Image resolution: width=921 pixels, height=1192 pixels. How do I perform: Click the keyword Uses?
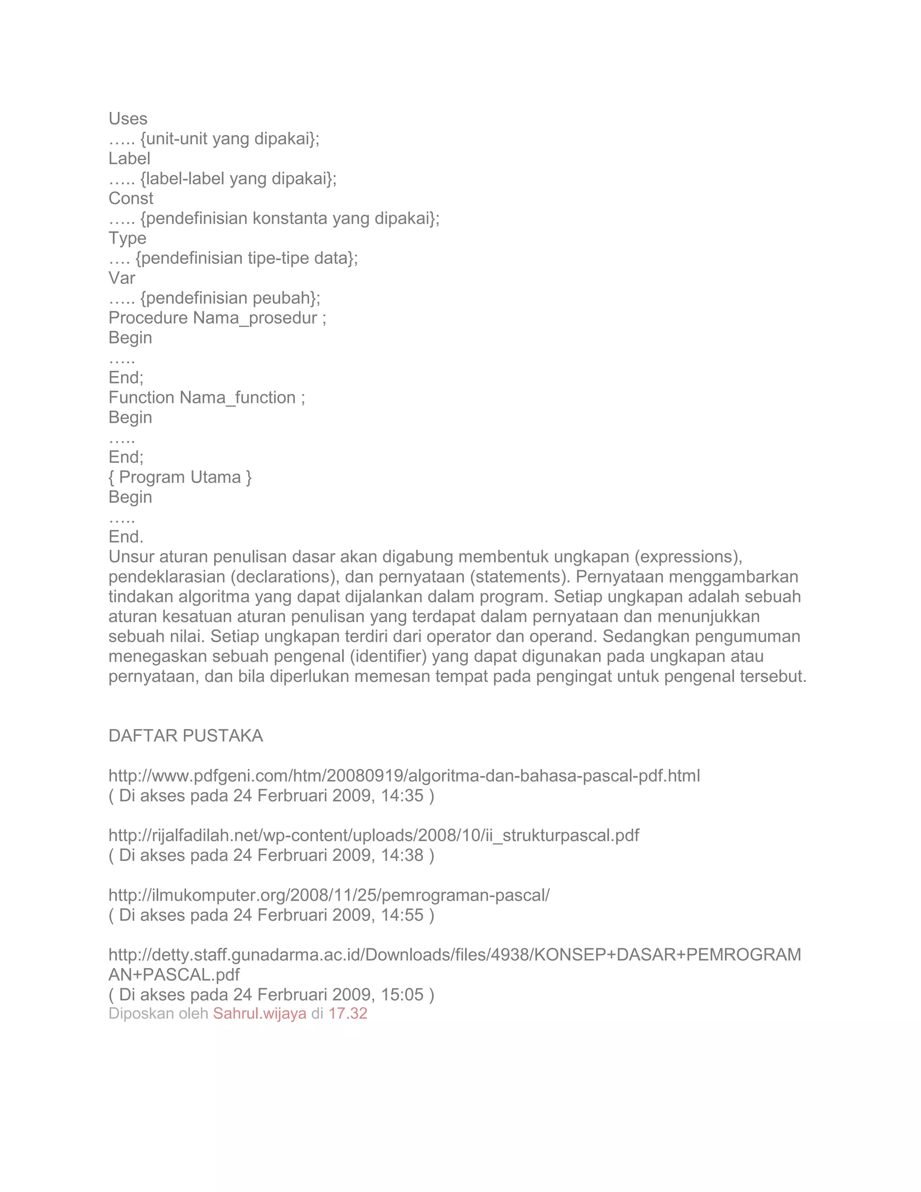(128, 119)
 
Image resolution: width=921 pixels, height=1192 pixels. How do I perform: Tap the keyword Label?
(130, 159)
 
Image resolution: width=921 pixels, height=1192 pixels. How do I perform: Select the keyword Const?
(131, 199)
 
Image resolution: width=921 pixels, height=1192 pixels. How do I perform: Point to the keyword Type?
(127, 238)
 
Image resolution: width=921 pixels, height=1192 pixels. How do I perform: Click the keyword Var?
(122, 278)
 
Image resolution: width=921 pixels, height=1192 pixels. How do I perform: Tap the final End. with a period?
(126, 537)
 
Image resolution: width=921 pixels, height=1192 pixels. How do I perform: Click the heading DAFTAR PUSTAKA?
(186, 736)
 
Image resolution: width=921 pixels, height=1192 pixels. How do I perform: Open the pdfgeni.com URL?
(404, 776)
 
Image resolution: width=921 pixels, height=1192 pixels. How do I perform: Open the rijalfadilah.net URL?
(373, 836)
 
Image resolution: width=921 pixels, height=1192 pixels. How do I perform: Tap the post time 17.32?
(348, 1013)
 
